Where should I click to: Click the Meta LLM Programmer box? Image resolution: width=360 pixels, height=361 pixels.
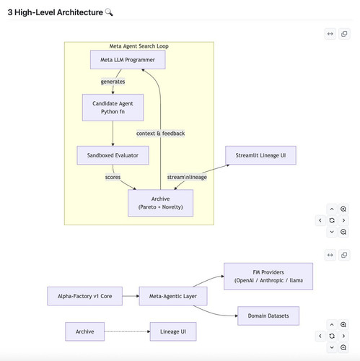pyautogui.click(x=128, y=60)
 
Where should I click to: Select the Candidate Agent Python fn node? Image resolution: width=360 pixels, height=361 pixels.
pyautogui.click(x=113, y=108)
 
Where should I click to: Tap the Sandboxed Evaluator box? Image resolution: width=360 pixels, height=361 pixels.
pyautogui.click(x=113, y=155)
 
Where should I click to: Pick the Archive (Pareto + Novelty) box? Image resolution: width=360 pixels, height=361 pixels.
pyautogui.click(x=160, y=203)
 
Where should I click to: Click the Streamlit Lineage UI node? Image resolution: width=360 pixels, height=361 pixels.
pyautogui.click(x=260, y=155)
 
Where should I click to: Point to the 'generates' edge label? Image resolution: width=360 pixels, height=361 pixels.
pyautogui.click(x=113, y=82)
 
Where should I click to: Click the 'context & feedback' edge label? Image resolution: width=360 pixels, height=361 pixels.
pyautogui.click(x=160, y=134)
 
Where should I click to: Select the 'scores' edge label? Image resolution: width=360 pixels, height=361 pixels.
pyautogui.click(x=113, y=177)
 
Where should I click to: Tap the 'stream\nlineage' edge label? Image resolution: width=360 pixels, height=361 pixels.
pyautogui.click(x=187, y=177)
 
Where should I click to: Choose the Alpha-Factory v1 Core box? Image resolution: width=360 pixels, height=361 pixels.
pyautogui.click(x=85, y=296)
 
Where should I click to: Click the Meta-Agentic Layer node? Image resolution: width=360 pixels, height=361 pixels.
pyautogui.click(x=173, y=296)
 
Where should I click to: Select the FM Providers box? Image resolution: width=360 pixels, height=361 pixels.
pyautogui.click(x=268, y=277)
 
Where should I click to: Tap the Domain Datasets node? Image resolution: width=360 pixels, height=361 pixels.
pyautogui.click(x=268, y=316)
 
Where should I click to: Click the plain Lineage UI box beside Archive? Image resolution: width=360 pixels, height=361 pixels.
pyautogui.click(x=173, y=331)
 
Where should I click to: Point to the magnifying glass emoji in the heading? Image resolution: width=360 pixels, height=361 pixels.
pyautogui.click(x=109, y=12)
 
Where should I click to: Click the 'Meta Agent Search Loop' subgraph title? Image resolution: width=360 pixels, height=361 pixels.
pyautogui.click(x=139, y=46)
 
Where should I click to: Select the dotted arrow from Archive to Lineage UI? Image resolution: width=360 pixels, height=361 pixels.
pyautogui.click(x=127, y=331)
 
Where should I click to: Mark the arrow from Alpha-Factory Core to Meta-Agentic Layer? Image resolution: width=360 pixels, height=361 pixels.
pyautogui.click(x=131, y=296)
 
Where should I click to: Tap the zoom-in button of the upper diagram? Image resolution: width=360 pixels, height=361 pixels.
pyautogui.click(x=343, y=209)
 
